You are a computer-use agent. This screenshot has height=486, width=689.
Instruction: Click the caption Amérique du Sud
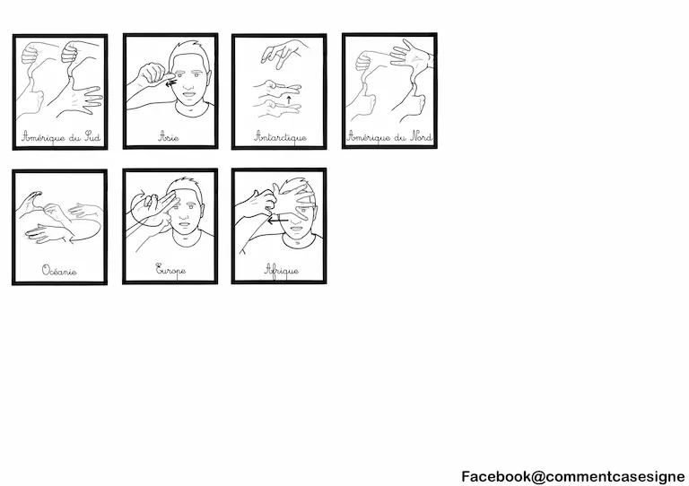pyautogui.click(x=61, y=137)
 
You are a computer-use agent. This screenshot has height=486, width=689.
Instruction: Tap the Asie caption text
pyautogui.click(x=170, y=137)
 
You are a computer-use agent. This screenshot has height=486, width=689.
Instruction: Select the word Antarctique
pyautogui.click(x=280, y=137)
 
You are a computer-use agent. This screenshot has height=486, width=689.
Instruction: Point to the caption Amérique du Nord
pyautogui.click(x=389, y=137)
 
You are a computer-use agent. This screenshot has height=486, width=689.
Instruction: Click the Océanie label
pyautogui.click(x=59, y=271)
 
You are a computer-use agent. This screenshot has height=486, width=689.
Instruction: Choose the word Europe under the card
pyautogui.click(x=170, y=270)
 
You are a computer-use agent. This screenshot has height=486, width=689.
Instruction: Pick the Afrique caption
pyautogui.click(x=282, y=270)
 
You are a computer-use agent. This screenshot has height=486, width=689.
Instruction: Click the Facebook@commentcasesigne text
pyautogui.click(x=572, y=476)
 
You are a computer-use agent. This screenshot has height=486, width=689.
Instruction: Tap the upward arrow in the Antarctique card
pyautogui.click(x=289, y=100)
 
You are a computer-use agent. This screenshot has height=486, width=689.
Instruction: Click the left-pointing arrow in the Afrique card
pyautogui.click(x=278, y=220)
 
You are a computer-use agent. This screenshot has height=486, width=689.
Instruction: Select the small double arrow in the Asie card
pyautogui.click(x=171, y=83)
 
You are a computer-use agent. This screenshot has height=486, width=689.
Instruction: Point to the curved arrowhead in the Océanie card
pyautogui.click(x=72, y=239)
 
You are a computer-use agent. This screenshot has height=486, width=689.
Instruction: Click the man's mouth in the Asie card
pyautogui.click(x=189, y=93)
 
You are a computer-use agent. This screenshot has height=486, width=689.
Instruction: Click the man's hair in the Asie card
pyautogui.click(x=189, y=49)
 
